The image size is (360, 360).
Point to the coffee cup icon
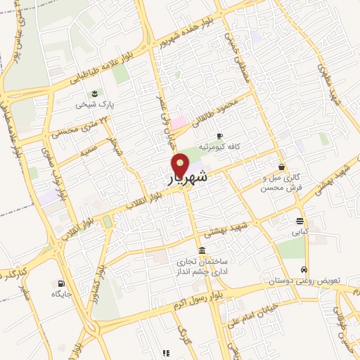[219, 136]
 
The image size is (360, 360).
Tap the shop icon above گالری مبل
[281, 167]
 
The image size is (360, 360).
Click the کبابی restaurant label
[300, 230]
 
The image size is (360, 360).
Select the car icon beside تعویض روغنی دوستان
[303, 269]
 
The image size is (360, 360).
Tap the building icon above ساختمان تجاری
[202, 251]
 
